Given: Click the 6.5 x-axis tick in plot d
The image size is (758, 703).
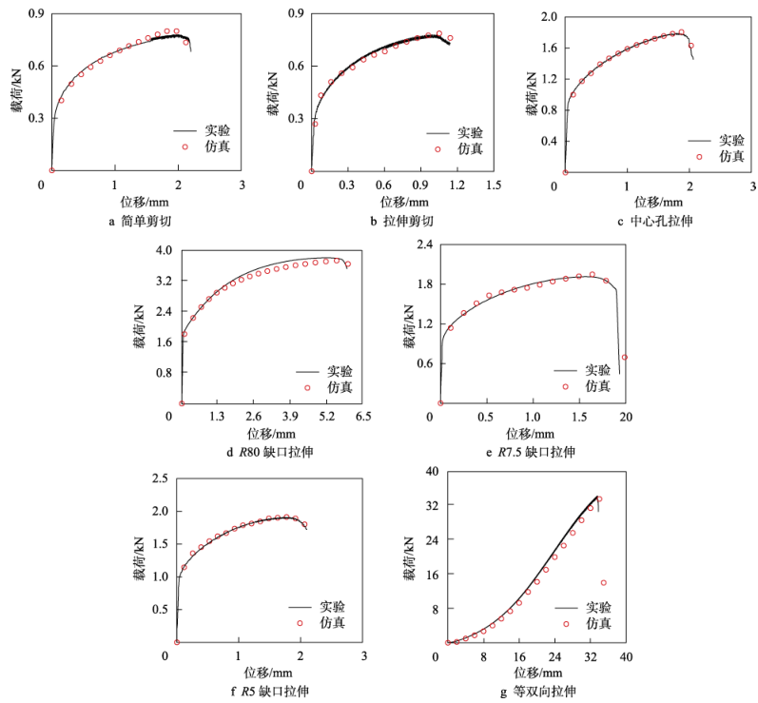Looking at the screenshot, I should pyautogui.click(x=363, y=417).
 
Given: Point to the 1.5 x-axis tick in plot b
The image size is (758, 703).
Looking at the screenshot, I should pyautogui.click(x=492, y=184).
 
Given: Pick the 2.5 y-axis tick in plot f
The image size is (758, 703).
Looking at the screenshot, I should pyautogui.click(x=157, y=478).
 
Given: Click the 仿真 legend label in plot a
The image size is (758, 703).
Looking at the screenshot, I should pyautogui.click(x=216, y=146).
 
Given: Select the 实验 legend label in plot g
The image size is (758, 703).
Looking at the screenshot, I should pyautogui.click(x=598, y=607).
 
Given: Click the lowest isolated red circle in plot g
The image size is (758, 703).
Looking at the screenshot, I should pyautogui.click(x=603, y=582).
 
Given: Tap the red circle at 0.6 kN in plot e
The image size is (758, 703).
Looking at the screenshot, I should pyautogui.click(x=624, y=358).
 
